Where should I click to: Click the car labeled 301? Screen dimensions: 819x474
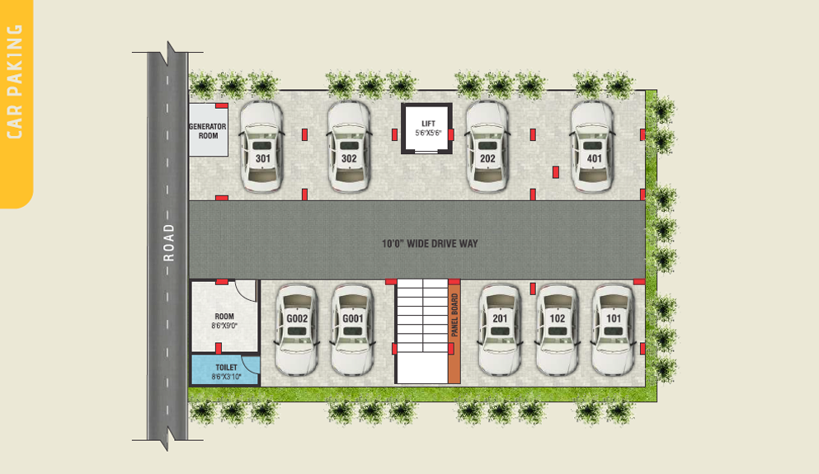click(x=261, y=148)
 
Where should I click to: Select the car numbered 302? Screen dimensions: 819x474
click(x=349, y=148)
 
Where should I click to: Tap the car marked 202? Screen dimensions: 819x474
click(x=487, y=148)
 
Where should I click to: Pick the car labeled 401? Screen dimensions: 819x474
click(x=592, y=148)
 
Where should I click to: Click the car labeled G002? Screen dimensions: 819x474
click(x=297, y=330)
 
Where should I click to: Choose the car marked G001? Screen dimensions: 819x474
click(x=352, y=330)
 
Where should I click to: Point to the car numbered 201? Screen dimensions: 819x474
click(x=500, y=330)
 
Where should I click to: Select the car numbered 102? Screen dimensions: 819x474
click(x=558, y=330)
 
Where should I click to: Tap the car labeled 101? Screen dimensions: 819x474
click(x=613, y=330)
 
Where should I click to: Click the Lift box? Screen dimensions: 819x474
click(x=426, y=129)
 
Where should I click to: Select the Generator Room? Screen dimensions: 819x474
click(x=209, y=130)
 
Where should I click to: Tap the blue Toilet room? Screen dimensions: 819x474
click(x=225, y=370)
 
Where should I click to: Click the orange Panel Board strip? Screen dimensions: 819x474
click(x=454, y=332)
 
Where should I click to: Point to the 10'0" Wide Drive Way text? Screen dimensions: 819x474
click(x=430, y=243)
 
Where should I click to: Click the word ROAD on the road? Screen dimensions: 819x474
click(x=168, y=242)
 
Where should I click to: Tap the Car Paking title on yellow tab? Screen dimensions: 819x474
click(x=15, y=82)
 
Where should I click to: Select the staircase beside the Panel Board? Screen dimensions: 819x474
click(x=421, y=331)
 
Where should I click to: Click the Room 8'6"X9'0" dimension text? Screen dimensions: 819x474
click(x=224, y=326)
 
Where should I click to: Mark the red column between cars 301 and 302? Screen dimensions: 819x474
click(x=304, y=134)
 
